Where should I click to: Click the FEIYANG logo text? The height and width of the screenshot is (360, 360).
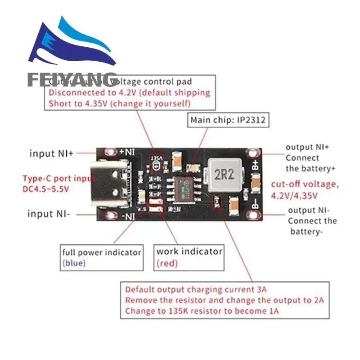pyautogui.click(x=72, y=80)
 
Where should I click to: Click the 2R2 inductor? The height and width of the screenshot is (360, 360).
pyautogui.click(x=221, y=174)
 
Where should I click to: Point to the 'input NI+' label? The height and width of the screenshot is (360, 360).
pyautogui.click(x=51, y=153)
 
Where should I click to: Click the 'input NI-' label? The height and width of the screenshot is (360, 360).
pyautogui.click(x=49, y=214)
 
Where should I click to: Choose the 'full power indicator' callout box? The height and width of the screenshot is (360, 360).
pyautogui.click(x=102, y=257)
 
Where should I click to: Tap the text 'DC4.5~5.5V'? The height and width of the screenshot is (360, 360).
pyautogui.click(x=46, y=189)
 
